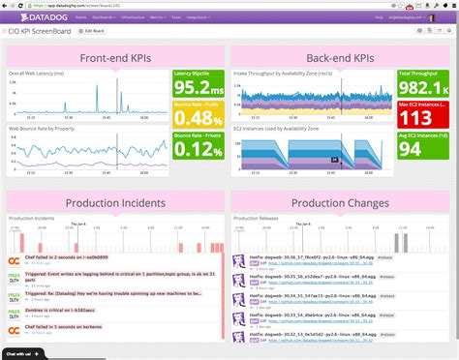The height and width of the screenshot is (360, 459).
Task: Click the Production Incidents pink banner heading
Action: [x=115, y=202]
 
